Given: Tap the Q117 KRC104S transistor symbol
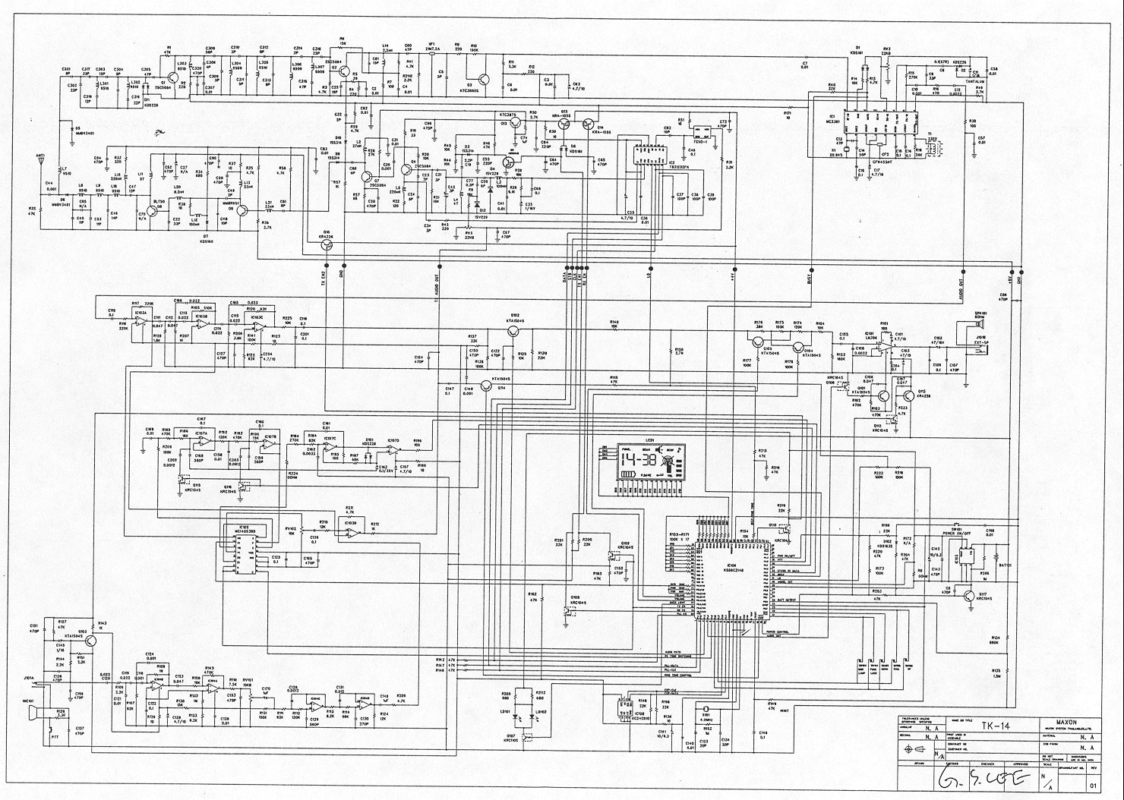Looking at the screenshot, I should pos(969,596).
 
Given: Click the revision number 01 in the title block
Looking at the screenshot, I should pos(1092,785).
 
